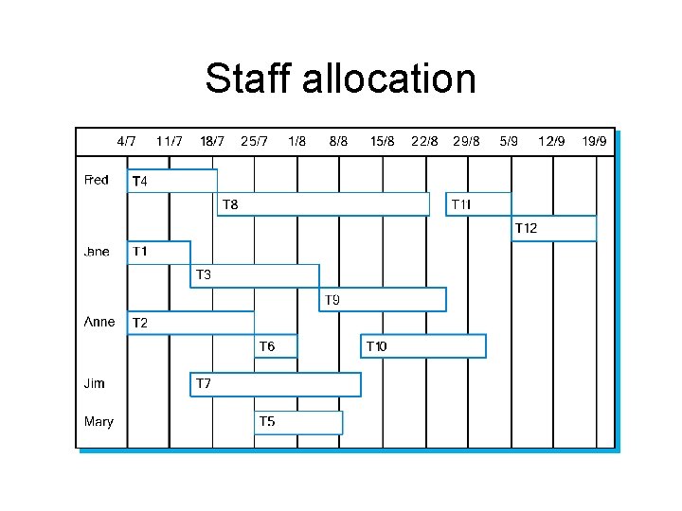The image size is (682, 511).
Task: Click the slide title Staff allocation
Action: (x=340, y=79)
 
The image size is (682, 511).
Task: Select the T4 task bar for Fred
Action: (x=172, y=181)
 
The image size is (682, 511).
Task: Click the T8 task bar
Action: (x=323, y=204)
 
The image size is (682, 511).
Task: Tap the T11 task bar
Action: (x=478, y=204)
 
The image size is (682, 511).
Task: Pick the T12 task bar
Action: (x=554, y=228)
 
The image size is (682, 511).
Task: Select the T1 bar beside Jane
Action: (x=158, y=252)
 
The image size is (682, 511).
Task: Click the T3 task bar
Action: (x=255, y=275)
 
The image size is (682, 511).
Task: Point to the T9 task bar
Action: (x=383, y=300)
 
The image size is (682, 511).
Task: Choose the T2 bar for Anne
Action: (x=191, y=323)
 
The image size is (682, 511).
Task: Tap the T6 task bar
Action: (x=277, y=346)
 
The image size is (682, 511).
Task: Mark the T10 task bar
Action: (x=423, y=346)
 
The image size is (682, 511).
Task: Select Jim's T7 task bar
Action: (x=276, y=384)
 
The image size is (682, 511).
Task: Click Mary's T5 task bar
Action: (x=298, y=422)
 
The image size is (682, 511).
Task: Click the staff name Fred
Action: (x=97, y=180)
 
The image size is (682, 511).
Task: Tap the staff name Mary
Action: (x=99, y=421)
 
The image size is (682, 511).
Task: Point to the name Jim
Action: (x=95, y=383)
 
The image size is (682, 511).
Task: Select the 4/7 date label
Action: (x=127, y=141)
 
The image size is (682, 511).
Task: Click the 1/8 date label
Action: (x=296, y=141)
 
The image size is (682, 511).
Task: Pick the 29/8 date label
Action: (x=467, y=141)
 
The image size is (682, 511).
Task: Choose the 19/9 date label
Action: (x=595, y=141)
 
